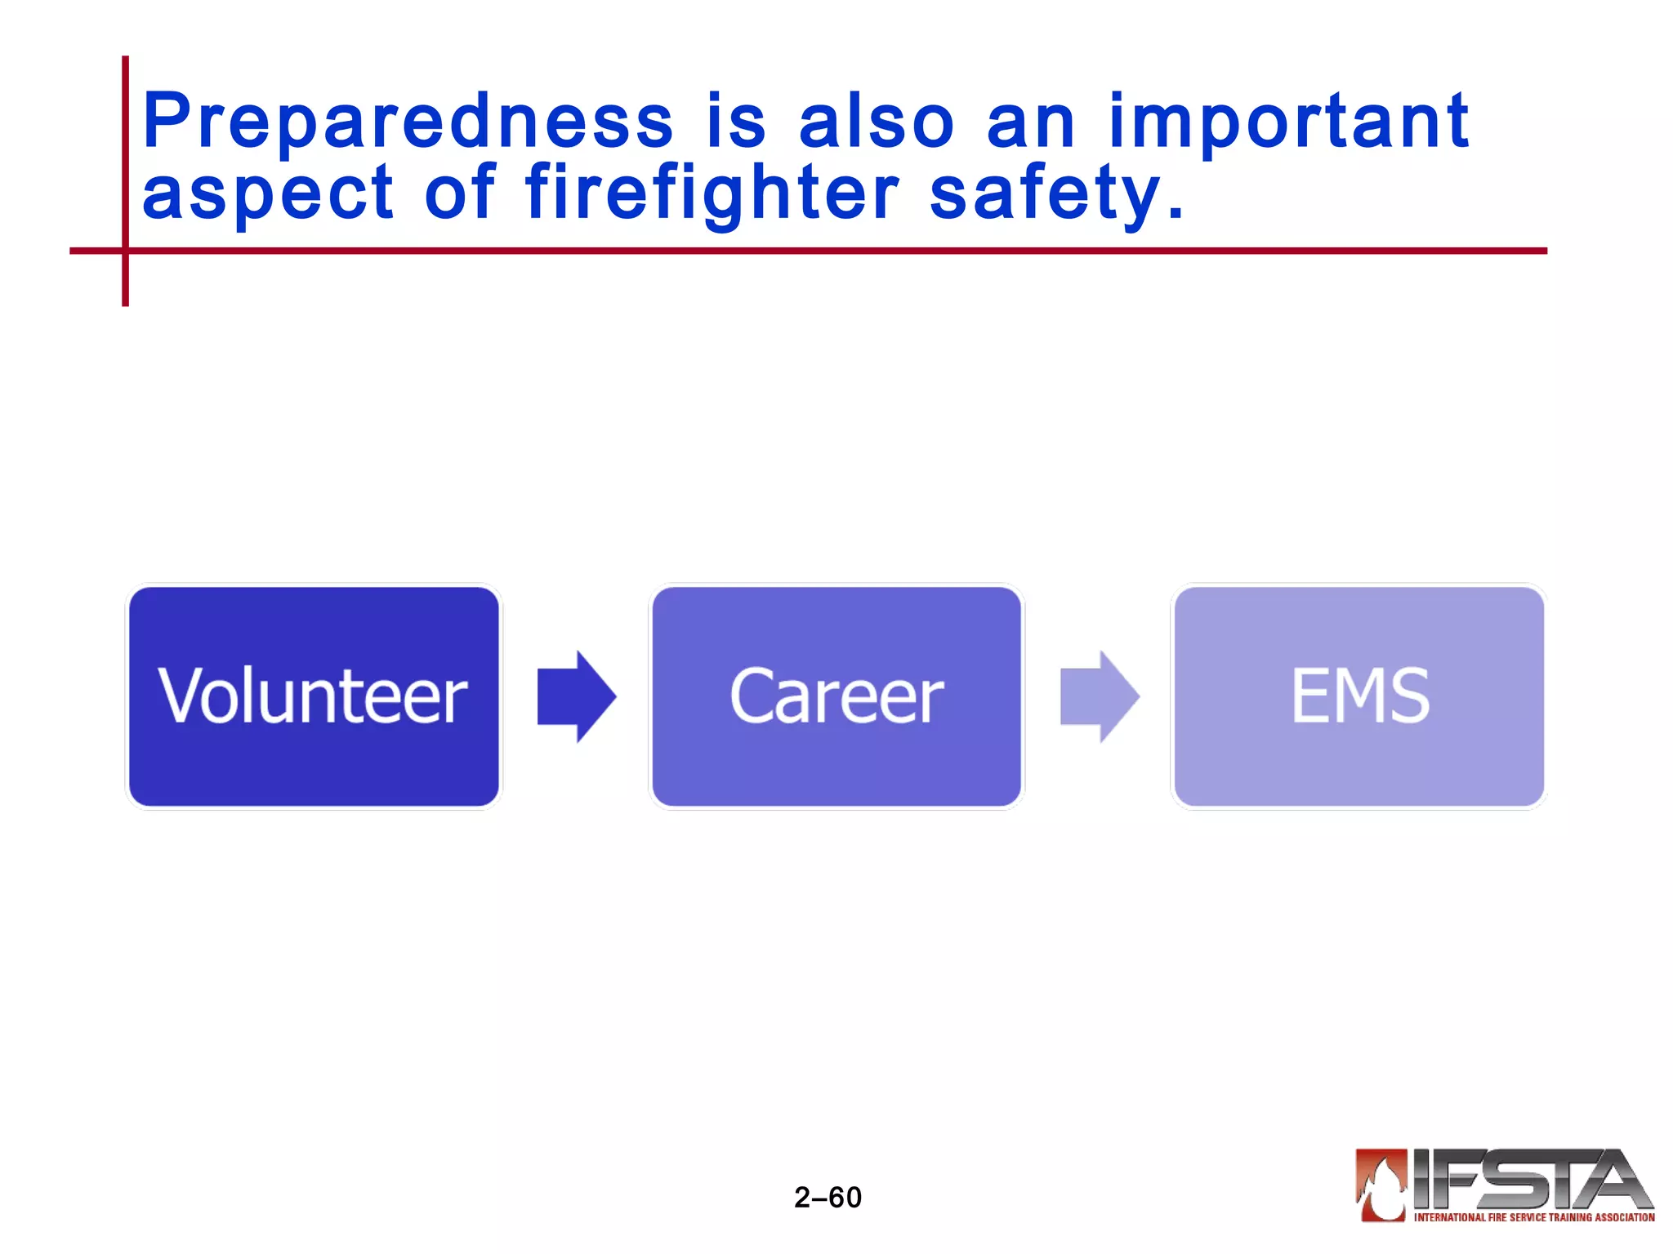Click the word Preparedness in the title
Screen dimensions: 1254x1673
tap(407, 122)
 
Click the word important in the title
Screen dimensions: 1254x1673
tap(1288, 122)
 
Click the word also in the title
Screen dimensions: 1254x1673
tap(876, 122)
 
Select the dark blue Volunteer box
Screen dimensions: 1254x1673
tap(314, 696)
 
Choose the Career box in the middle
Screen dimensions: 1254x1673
tap(836, 696)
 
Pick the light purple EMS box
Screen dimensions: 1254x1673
tap(1358, 696)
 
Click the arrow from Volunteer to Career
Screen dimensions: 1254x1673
tap(576, 696)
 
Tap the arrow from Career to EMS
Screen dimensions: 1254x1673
tap(1099, 696)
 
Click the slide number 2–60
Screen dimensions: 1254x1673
tap(828, 1197)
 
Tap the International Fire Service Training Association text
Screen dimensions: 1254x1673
tap(1533, 1217)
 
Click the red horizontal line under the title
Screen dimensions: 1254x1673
tap(817, 251)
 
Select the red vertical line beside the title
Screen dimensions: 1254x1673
tap(125, 163)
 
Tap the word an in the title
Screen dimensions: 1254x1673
tap(1030, 122)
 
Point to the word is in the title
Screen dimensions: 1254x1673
tap(736, 122)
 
